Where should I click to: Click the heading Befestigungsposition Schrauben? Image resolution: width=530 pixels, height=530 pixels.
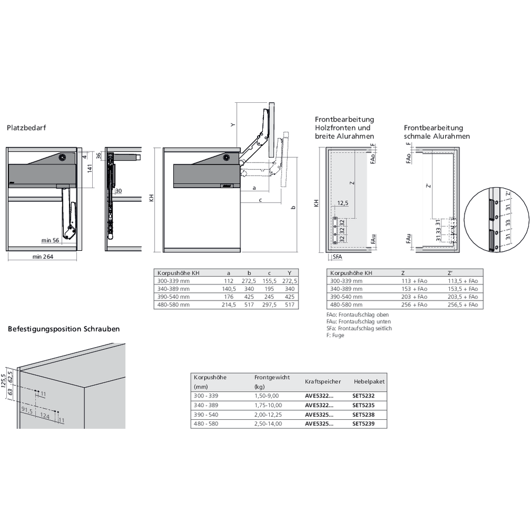pyautogui.click(x=64, y=329)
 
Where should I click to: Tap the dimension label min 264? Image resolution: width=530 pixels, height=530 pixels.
pyautogui.click(x=42, y=257)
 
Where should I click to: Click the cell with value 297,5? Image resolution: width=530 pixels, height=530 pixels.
pyautogui.click(x=269, y=305)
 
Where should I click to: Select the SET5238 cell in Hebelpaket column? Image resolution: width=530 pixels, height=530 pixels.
pyautogui.click(x=364, y=414)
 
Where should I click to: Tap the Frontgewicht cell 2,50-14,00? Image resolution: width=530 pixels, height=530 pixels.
pyautogui.click(x=268, y=423)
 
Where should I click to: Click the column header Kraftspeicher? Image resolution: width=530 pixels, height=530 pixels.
pyautogui.click(x=322, y=381)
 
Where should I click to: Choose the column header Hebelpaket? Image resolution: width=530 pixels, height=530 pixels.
pyautogui.click(x=369, y=381)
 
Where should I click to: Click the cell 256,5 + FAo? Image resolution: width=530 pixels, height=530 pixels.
pyautogui.click(x=463, y=305)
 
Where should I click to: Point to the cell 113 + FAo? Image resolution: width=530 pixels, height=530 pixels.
pyautogui.click(x=414, y=281)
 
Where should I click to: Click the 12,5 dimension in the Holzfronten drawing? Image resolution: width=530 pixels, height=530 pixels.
pyautogui.click(x=343, y=202)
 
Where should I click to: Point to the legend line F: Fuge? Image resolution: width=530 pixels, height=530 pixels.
pyautogui.click(x=335, y=335)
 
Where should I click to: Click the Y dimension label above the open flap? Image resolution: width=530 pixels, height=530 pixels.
pyautogui.click(x=232, y=125)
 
